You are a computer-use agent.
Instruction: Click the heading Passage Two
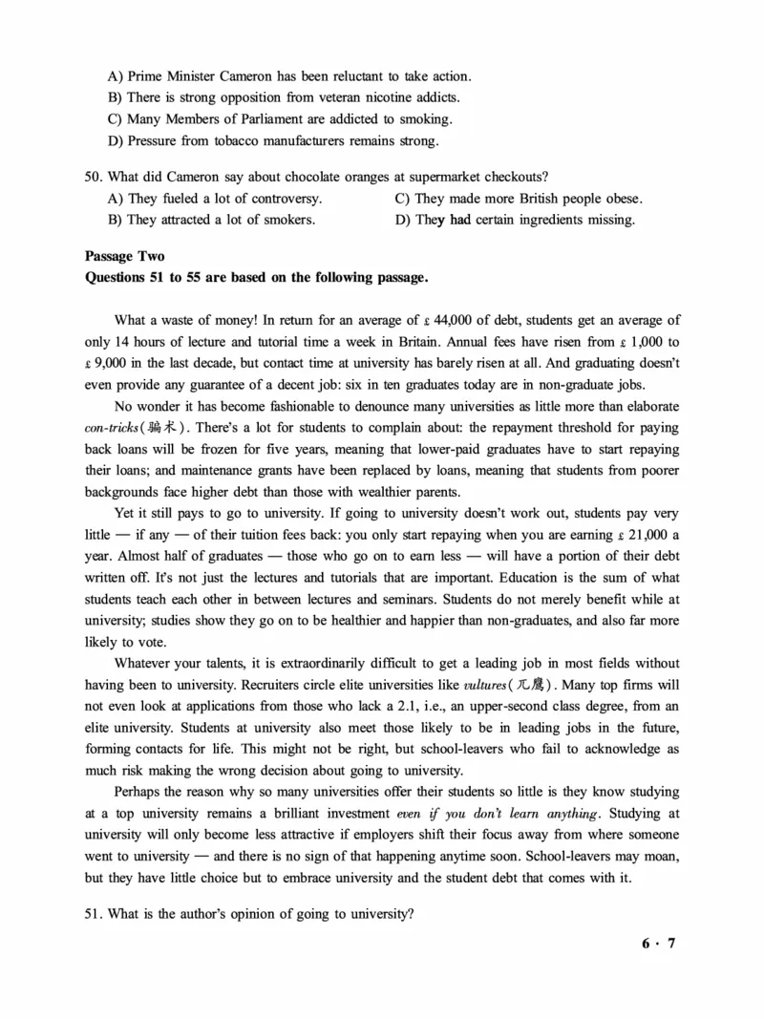point(124,257)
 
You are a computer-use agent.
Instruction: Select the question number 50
point(94,177)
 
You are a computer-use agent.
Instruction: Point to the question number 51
point(94,913)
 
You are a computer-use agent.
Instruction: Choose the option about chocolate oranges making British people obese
point(519,199)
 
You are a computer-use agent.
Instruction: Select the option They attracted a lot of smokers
point(212,220)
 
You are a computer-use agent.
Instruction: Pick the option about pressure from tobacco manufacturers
point(273,141)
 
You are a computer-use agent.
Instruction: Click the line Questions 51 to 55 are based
point(257,278)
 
